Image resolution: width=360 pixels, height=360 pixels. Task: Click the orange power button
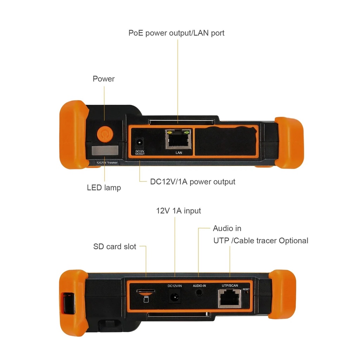105,134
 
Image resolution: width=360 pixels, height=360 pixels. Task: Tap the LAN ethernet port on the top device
178,139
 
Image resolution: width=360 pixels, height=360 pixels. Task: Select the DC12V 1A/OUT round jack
139,143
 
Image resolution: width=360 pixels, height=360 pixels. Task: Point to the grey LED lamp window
105,150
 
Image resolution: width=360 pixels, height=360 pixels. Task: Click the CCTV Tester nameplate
107,162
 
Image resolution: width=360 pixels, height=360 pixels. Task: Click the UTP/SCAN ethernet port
230,298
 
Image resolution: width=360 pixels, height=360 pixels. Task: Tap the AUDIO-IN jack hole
199,293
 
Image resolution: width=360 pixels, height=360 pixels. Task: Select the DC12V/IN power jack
175,297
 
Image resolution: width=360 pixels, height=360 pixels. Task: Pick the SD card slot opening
146,291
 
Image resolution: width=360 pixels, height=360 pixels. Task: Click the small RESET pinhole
246,292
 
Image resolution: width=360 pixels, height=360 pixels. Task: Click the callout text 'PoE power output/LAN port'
176,33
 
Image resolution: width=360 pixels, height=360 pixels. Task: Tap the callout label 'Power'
104,79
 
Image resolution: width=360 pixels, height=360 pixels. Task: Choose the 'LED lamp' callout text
104,188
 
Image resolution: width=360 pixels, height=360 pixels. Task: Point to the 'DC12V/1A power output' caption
193,182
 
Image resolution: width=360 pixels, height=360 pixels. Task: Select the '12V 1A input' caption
178,211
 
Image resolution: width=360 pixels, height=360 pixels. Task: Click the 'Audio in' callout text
227,228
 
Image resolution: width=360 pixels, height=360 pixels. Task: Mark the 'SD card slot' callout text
115,246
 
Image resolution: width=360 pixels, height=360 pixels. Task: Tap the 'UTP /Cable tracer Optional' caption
261,240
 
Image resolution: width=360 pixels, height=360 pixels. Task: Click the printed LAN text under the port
179,153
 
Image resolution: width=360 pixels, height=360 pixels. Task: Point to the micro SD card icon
146,299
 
